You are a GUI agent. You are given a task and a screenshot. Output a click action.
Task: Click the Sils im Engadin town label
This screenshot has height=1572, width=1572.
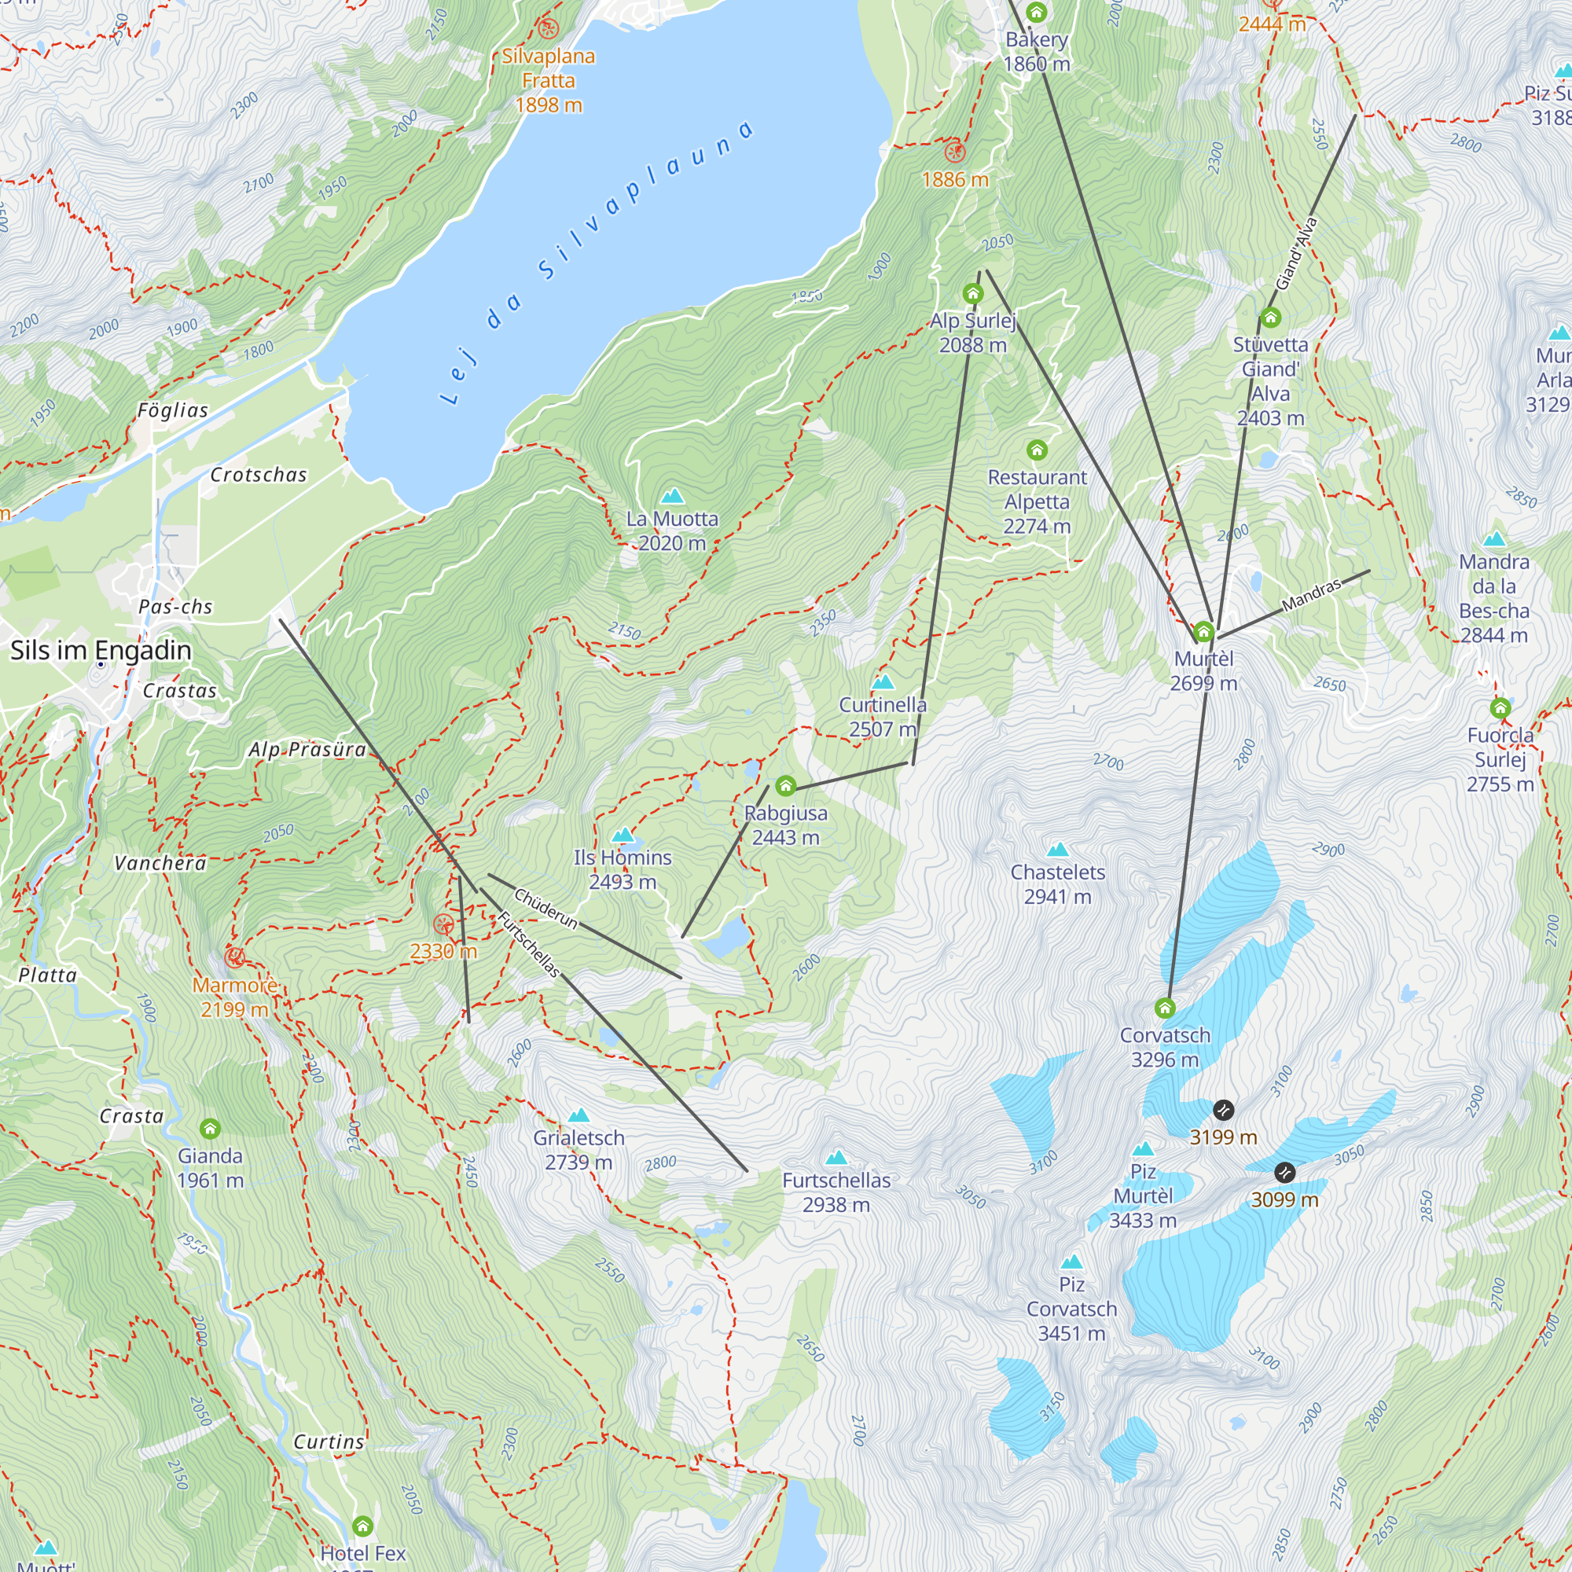(x=101, y=650)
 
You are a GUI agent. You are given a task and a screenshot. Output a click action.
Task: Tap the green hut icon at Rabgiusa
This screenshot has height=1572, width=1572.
(x=785, y=785)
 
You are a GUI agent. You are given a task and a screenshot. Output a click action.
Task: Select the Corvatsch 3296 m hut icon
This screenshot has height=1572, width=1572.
(x=1165, y=1009)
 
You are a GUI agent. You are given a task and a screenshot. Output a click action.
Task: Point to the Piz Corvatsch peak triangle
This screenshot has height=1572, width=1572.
(x=1071, y=1262)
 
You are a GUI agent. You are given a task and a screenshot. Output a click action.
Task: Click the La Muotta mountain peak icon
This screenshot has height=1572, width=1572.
(x=672, y=495)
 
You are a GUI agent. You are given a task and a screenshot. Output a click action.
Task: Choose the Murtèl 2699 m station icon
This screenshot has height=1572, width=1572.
(x=1203, y=632)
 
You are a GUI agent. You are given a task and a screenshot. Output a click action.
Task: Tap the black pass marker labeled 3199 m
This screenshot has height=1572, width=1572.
(x=1223, y=1110)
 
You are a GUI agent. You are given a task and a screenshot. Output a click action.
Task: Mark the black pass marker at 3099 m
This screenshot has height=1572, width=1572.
(x=1284, y=1173)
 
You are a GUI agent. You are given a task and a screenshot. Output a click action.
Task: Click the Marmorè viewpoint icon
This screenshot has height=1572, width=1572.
(x=234, y=957)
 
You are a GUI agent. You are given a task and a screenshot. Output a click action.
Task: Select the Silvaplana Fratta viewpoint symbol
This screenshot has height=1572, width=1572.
(x=549, y=29)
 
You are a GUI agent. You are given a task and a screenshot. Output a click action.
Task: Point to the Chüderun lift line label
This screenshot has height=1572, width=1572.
(x=546, y=909)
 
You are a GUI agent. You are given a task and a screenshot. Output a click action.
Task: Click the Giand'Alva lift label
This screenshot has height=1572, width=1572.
(x=1295, y=254)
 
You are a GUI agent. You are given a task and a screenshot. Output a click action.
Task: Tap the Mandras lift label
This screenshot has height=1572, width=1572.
(x=1311, y=596)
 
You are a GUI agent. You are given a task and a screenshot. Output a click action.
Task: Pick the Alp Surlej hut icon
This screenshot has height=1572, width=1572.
(x=973, y=294)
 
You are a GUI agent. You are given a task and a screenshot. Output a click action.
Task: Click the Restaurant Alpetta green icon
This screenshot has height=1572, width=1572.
(x=1037, y=450)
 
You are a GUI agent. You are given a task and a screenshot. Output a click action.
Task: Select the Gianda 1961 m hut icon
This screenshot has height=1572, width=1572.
(x=210, y=1129)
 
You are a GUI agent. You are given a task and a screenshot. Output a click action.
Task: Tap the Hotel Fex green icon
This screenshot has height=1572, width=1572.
(x=363, y=1526)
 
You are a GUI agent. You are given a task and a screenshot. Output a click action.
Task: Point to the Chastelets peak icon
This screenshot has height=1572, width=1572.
(x=1057, y=850)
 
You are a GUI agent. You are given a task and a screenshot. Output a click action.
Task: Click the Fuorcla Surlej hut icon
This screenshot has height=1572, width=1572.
(x=1500, y=708)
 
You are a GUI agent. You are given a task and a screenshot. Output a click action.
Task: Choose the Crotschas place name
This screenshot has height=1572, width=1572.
(x=259, y=476)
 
